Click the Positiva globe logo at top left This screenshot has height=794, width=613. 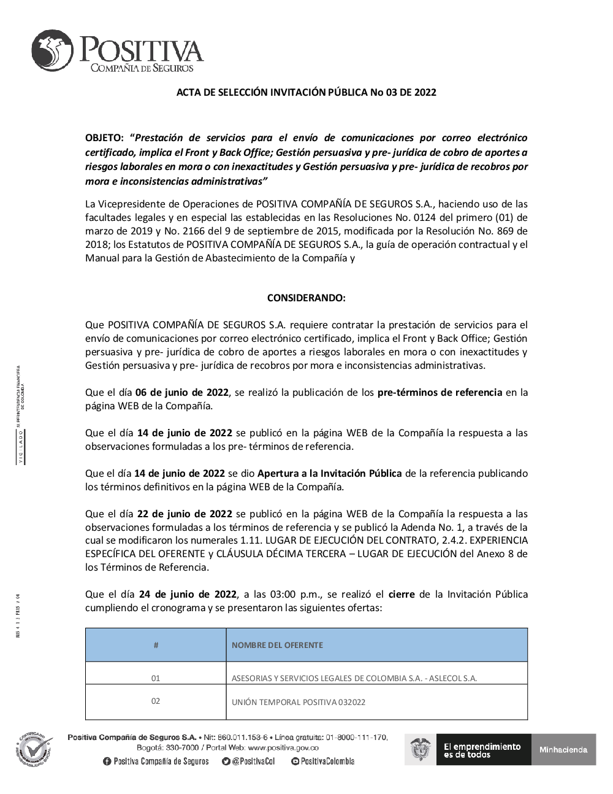(x=53, y=50)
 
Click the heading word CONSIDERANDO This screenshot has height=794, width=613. (x=306, y=298)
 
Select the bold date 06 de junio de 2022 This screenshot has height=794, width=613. (x=181, y=393)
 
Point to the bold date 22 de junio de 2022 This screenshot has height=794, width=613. (x=185, y=514)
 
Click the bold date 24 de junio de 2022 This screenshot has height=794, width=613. (x=188, y=594)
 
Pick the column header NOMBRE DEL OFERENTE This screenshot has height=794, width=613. (x=277, y=645)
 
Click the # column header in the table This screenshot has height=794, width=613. (x=156, y=645)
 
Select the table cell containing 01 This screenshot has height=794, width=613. (x=156, y=678)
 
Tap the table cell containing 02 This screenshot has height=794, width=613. (x=156, y=701)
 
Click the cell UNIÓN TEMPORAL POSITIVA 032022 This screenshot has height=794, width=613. (x=299, y=702)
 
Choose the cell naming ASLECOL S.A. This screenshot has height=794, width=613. (x=354, y=679)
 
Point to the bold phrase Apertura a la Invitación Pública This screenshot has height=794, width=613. (x=330, y=474)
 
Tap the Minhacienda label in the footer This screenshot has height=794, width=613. (x=563, y=749)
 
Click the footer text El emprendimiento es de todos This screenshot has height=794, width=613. (x=482, y=750)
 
